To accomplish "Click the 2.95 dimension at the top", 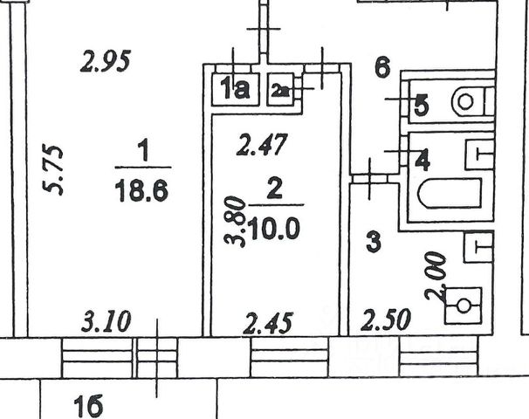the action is tap(105, 62).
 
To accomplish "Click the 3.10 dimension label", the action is tap(106, 321).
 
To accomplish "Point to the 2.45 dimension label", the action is tap(264, 322).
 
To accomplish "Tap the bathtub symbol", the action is tap(449, 193).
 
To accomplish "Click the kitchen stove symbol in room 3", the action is tap(464, 306).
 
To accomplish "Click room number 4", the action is tap(422, 161).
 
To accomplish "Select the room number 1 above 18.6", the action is tap(144, 153).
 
